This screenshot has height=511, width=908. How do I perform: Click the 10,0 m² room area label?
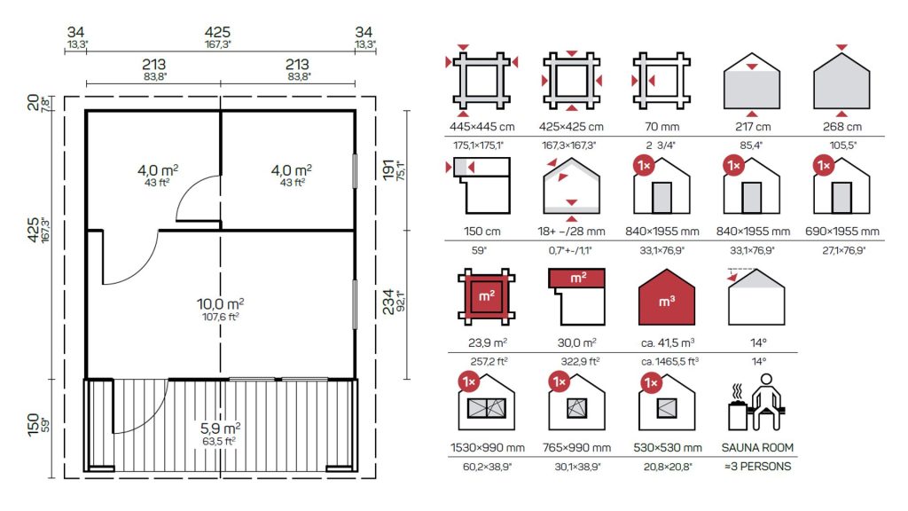click(220, 303)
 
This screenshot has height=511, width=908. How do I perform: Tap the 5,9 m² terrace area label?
click(220, 428)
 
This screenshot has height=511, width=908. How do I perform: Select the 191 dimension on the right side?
click(388, 170)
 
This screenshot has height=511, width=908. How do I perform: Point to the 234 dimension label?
click(388, 302)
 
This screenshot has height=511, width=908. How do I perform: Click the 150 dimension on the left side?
click(34, 425)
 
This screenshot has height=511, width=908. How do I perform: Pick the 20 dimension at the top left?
click(34, 103)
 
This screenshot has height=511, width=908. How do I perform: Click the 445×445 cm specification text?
click(481, 127)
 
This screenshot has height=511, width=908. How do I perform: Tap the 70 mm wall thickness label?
click(661, 127)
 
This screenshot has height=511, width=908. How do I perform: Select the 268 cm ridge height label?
click(842, 127)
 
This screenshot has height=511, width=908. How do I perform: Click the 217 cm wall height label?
click(752, 127)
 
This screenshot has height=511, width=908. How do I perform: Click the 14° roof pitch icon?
click(756, 296)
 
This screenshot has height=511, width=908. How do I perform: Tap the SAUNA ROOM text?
click(757, 447)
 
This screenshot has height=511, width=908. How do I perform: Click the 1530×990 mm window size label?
click(488, 447)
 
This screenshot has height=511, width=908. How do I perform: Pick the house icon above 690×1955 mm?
click(841, 186)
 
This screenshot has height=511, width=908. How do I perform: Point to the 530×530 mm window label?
click(668, 447)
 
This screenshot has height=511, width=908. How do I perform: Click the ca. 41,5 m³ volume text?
click(668, 342)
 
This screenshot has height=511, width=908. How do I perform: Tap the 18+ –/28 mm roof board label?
click(571, 232)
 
